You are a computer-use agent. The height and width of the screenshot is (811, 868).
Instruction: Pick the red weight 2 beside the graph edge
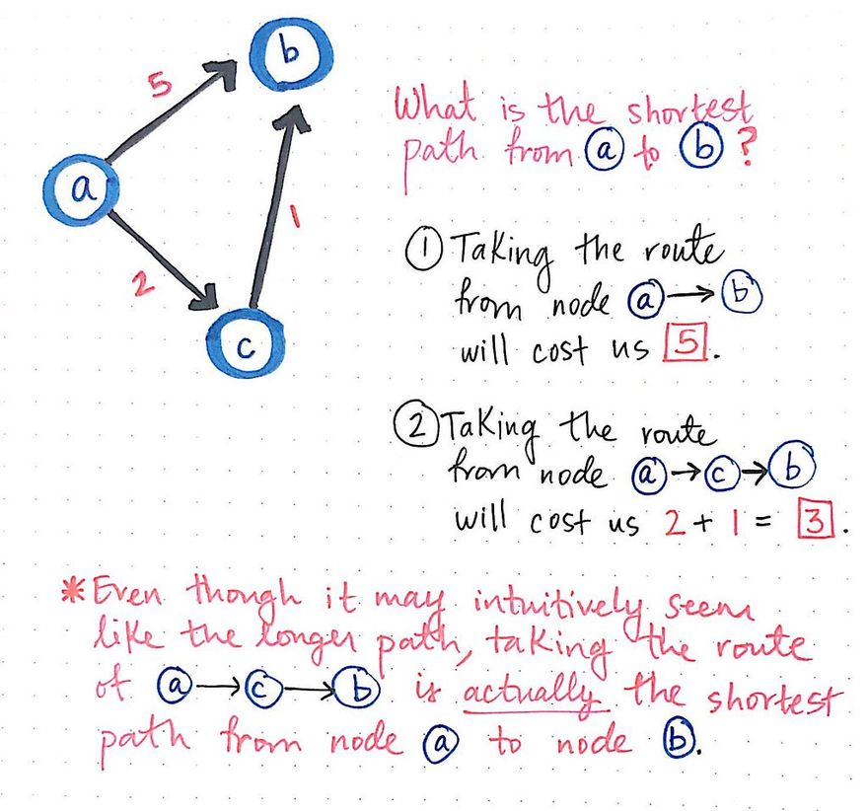(x=142, y=287)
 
